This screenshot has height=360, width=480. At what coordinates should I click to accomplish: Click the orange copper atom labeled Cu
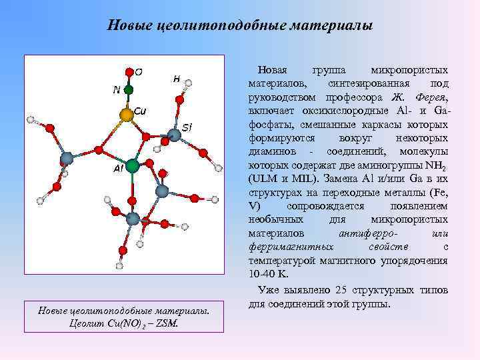[126, 115]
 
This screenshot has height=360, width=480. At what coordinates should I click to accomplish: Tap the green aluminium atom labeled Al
[133, 165]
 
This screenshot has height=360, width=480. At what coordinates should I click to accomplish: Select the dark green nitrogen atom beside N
[128, 89]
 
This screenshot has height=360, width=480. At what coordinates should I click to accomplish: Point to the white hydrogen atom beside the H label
[188, 83]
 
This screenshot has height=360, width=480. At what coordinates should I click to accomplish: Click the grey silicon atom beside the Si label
[175, 136]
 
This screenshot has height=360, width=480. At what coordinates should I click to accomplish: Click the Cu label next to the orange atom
[140, 110]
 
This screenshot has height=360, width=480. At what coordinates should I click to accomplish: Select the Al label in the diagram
[117, 169]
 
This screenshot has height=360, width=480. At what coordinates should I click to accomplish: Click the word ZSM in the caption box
[166, 323]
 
